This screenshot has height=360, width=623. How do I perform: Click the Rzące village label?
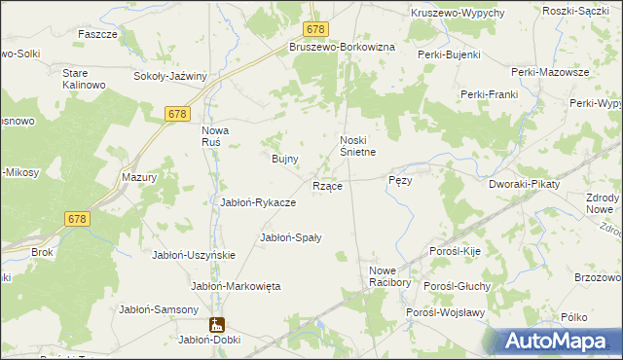(x=326, y=185)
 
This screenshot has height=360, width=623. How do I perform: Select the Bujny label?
(x=284, y=158)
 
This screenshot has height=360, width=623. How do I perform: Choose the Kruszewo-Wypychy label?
(x=458, y=12)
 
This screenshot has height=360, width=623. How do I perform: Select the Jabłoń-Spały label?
(x=291, y=236)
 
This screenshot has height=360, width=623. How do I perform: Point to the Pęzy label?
(x=401, y=181)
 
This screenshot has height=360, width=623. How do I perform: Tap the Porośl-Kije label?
(x=458, y=251)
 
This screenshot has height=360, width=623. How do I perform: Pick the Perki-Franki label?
(x=489, y=94)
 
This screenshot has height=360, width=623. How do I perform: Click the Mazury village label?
(x=139, y=178)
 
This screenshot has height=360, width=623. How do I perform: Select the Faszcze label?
(x=97, y=33)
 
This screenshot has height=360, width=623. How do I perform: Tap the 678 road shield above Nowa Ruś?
(x=176, y=114)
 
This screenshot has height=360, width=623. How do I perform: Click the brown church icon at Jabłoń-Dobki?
(x=215, y=324)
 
